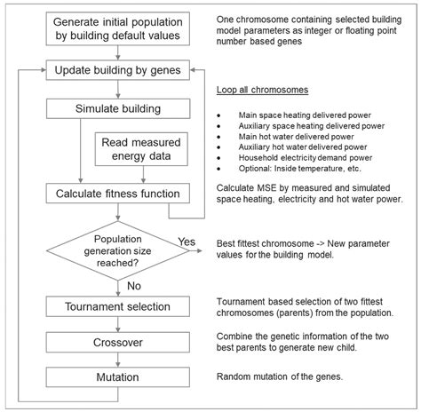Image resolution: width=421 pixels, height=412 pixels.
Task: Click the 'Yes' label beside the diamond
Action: [187, 241]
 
